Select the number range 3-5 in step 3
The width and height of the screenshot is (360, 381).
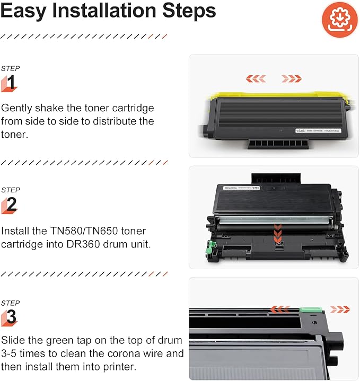pos(12,353)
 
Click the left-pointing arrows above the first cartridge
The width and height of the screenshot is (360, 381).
pos(256,78)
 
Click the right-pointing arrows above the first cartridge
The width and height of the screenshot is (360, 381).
pos(292,78)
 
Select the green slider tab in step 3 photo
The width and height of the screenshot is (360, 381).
pos(308,310)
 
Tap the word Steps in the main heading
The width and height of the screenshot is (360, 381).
pos(188,11)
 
